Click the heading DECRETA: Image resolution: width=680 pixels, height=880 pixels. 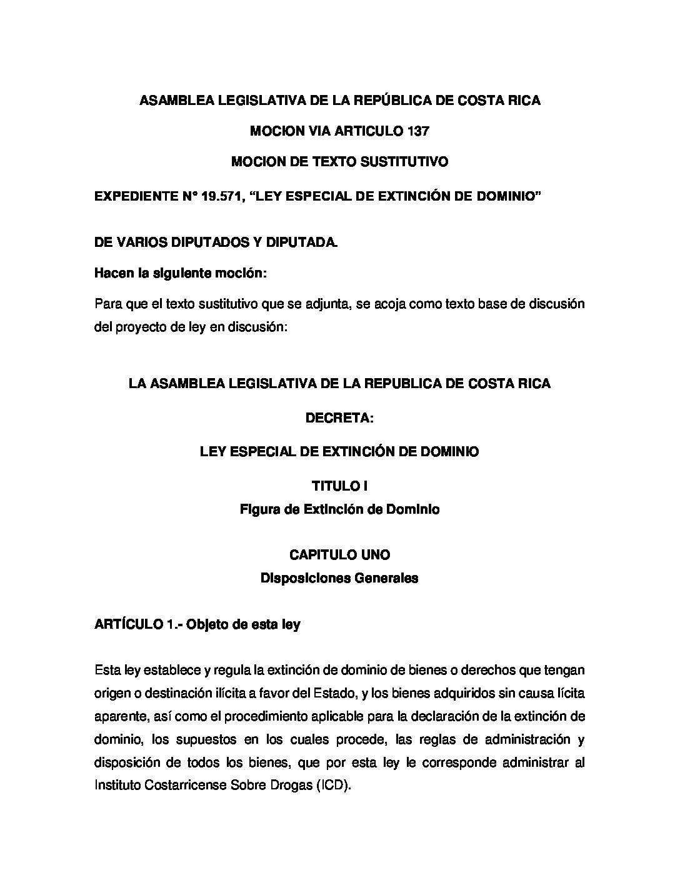point(339,418)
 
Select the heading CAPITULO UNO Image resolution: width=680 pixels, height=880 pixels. point(339,554)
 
